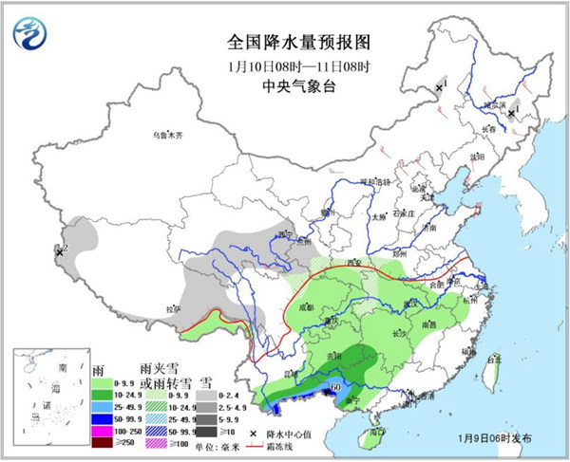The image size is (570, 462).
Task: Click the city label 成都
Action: point(305,306)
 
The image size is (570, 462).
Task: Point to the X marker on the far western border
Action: point(59,252)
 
